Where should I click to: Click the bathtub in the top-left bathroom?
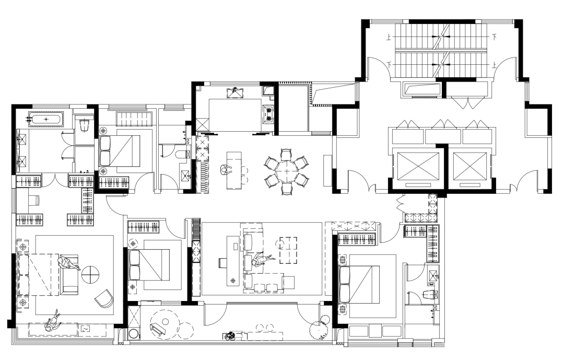pos(45,119)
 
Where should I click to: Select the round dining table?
pos(286,172)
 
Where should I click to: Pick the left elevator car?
pos(417,166)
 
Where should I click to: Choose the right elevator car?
pos(470,166)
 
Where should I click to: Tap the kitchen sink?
pos(235,93)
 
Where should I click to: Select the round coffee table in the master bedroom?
pos(90,275)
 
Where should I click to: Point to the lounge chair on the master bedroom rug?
pos(104,298)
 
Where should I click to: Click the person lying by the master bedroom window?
pos(53,321)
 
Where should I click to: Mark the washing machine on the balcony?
pos(133,333)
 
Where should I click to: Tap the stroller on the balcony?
pos(229,336)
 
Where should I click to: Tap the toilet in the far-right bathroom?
pos(430,295)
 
